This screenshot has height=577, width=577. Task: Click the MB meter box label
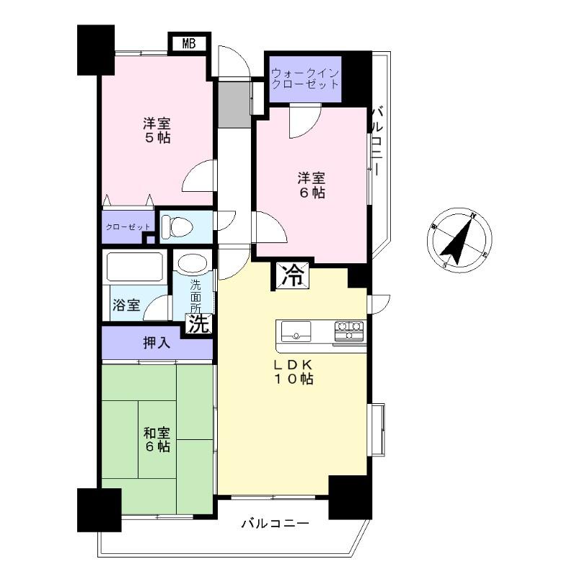pos(189,43)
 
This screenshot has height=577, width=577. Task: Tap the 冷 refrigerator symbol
pos(292,274)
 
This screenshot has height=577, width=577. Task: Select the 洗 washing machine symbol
pos(197,325)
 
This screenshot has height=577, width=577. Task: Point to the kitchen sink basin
pos(296,332)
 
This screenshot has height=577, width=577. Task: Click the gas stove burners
pos(350,331)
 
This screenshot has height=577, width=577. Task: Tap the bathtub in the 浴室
pos(136,268)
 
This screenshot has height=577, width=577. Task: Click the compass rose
pos(460,239)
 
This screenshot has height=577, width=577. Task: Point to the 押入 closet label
pos(157,343)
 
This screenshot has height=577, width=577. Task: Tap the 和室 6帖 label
pos(157,440)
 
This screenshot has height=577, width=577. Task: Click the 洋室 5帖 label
pos(157,130)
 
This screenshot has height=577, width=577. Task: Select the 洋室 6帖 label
pos(312,185)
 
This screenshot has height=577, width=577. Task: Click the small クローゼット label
pos(128,227)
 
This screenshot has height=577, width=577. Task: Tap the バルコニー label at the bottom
pos(275,523)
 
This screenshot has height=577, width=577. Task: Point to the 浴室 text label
pos(126,305)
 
